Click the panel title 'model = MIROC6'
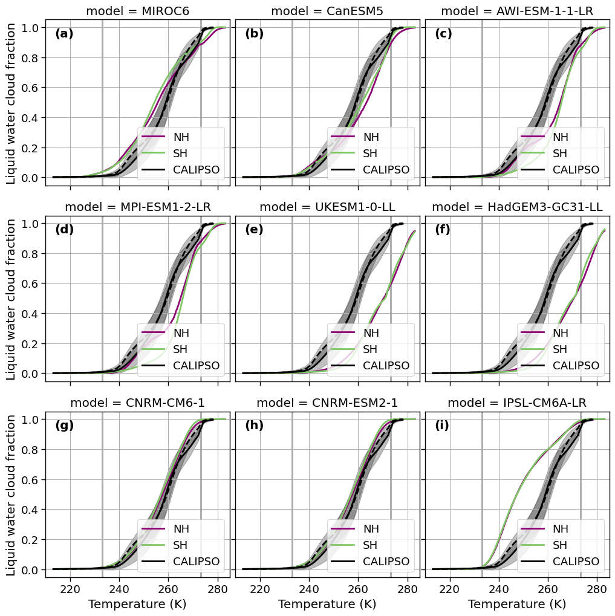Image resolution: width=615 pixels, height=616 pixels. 137,11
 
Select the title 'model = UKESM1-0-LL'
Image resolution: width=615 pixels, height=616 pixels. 327,207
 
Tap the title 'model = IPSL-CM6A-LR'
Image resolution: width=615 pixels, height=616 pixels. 517,403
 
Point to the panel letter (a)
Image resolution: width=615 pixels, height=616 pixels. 64,34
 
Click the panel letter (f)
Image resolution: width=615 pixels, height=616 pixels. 444,230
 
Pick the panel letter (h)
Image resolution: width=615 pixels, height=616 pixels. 254,426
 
